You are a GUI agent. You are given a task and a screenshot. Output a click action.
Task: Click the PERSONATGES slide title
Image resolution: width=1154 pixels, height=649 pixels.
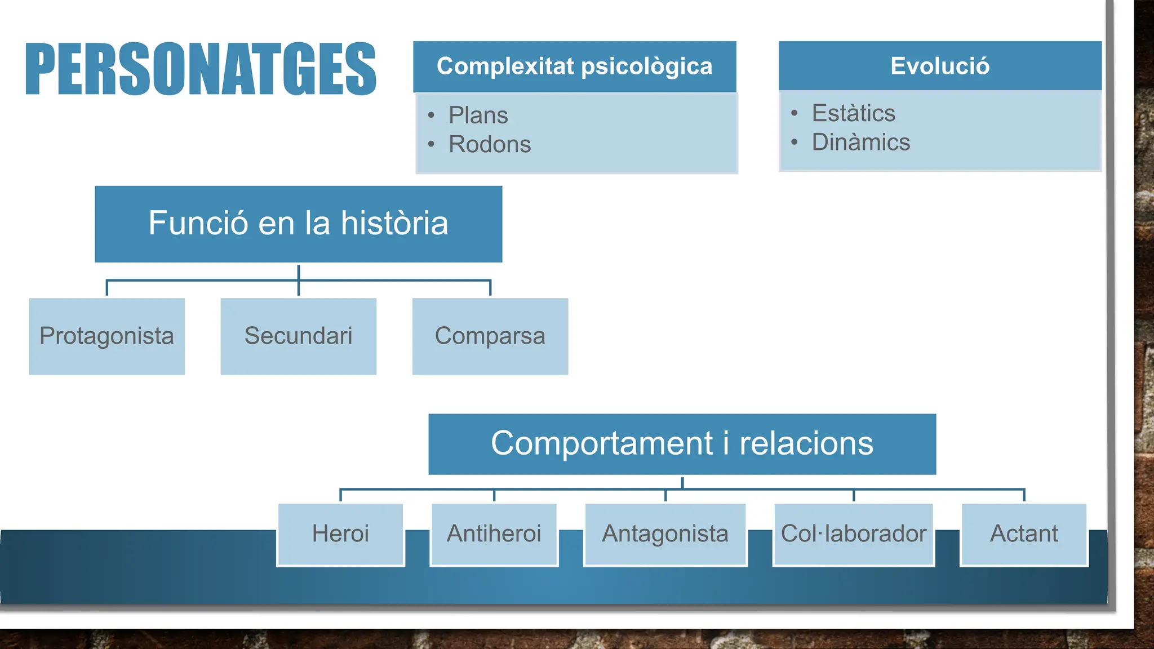click(x=201, y=69)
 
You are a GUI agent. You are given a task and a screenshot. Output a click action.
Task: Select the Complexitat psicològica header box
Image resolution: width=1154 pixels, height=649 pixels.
click(x=574, y=66)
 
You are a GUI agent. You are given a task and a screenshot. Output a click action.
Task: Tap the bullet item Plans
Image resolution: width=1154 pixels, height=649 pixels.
click(x=478, y=115)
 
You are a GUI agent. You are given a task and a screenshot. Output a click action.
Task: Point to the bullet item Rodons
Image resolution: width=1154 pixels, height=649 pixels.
click(x=490, y=145)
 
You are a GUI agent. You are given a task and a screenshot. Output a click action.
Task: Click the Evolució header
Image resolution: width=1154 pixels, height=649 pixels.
click(x=939, y=66)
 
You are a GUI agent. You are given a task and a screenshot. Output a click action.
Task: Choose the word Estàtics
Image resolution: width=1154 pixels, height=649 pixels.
click(x=853, y=113)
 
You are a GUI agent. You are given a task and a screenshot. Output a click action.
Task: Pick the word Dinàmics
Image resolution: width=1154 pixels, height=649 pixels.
click(x=860, y=143)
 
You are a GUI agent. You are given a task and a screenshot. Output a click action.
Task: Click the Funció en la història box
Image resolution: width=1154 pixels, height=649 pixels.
click(x=298, y=224)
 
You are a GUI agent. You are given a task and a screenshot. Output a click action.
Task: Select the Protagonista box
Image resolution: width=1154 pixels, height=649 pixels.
click(x=106, y=336)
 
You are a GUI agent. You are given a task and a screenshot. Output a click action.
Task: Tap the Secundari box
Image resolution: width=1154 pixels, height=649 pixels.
click(x=298, y=336)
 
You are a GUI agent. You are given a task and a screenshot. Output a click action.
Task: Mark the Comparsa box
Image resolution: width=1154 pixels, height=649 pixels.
click(x=490, y=336)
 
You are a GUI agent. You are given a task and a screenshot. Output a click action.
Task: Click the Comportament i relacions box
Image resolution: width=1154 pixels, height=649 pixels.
click(x=682, y=444)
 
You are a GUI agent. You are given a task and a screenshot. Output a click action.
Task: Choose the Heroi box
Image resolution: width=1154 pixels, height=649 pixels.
click(x=340, y=534)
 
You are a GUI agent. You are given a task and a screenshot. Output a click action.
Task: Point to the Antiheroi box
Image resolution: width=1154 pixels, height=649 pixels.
click(x=494, y=534)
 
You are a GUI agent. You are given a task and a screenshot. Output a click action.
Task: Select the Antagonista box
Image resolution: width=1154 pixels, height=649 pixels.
click(x=665, y=534)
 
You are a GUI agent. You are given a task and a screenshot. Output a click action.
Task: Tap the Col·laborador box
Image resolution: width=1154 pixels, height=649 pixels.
click(x=853, y=534)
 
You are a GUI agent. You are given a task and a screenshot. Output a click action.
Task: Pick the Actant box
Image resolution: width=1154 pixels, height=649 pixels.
click(x=1024, y=534)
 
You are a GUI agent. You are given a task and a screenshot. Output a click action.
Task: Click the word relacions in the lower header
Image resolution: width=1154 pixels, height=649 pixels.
click(x=806, y=444)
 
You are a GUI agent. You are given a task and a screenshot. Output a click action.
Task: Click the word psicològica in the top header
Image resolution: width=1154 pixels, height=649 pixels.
click(x=646, y=66)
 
